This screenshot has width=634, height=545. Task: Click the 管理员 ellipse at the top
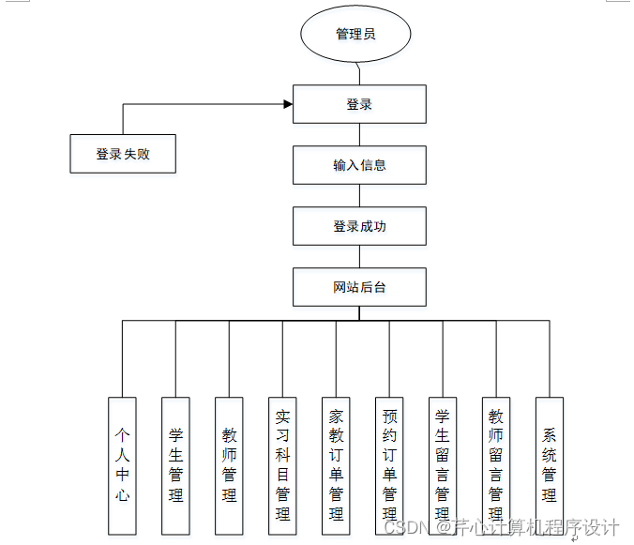(x=355, y=35)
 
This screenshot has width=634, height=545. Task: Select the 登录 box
(x=359, y=105)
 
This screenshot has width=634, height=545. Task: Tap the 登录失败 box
(x=123, y=154)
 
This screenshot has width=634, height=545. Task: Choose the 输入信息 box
(x=359, y=165)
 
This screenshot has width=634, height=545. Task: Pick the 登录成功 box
(x=359, y=226)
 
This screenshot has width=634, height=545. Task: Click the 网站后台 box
(x=359, y=287)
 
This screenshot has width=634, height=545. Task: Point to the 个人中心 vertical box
(x=122, y=466)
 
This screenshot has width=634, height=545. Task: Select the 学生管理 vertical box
(x=175, y=466)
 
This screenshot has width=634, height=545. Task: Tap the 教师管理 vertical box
(x=229, y=466)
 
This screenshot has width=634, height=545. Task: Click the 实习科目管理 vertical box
(x=282, y=466)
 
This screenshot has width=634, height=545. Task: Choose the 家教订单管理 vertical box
(x=336, y=466)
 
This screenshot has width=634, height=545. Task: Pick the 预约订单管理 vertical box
(x=389, y=466)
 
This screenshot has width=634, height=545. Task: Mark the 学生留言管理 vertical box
(x=443, y=466)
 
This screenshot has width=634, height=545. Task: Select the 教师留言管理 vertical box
(x=496, y=466)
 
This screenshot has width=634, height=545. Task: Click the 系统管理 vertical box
(x=550, y=466)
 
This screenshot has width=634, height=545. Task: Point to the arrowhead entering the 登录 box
(x=287, y=104)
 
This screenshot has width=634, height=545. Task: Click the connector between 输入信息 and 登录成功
(x=359, y=195)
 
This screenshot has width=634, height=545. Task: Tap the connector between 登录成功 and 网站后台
(x=359, y=256)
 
